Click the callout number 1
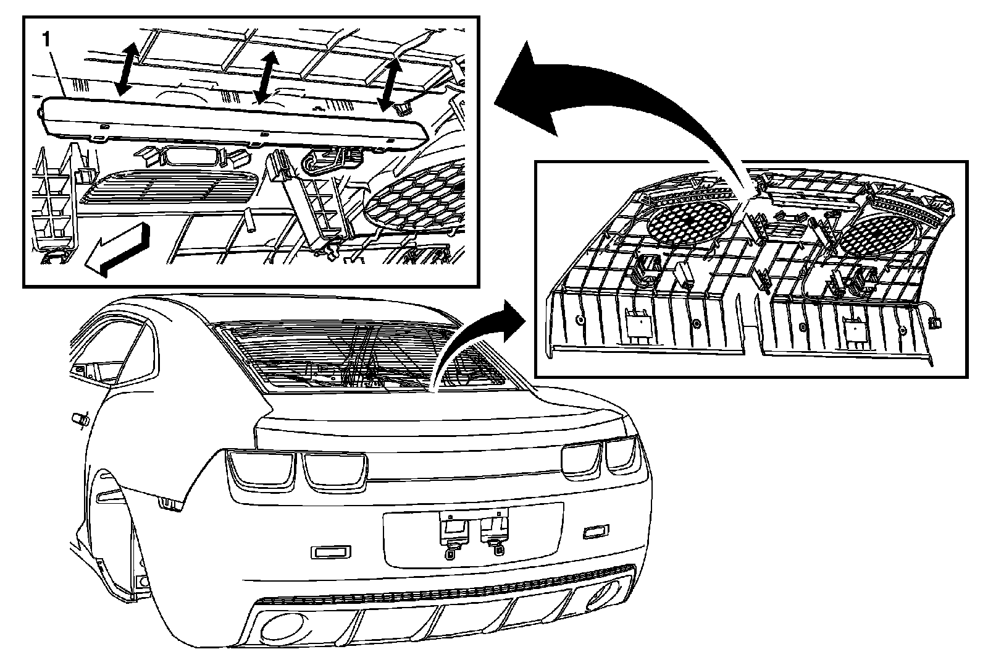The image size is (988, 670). (44, 39)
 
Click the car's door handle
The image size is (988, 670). (78, 418)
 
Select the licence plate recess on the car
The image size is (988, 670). (472, 534)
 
